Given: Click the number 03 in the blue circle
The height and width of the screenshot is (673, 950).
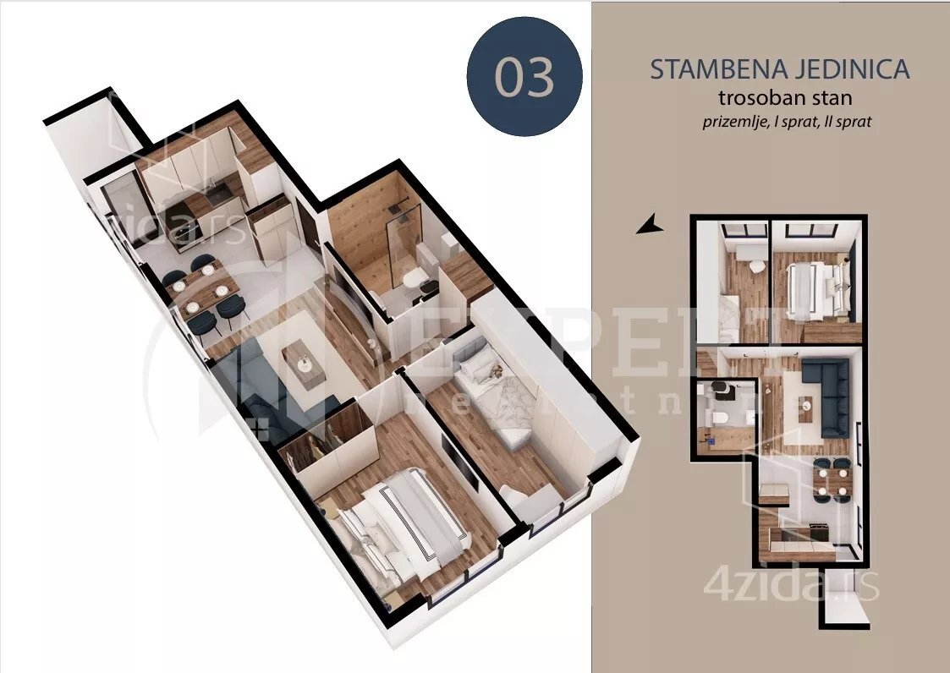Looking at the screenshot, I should point(524,77).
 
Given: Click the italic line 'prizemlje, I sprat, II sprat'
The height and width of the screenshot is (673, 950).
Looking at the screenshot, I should point(787,121).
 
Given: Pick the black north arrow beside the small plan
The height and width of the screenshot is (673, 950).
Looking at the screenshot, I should point(649,225).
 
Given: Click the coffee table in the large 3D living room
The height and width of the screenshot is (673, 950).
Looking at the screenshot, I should point(301,360).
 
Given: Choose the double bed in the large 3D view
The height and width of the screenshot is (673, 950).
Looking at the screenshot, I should point(398,524).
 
